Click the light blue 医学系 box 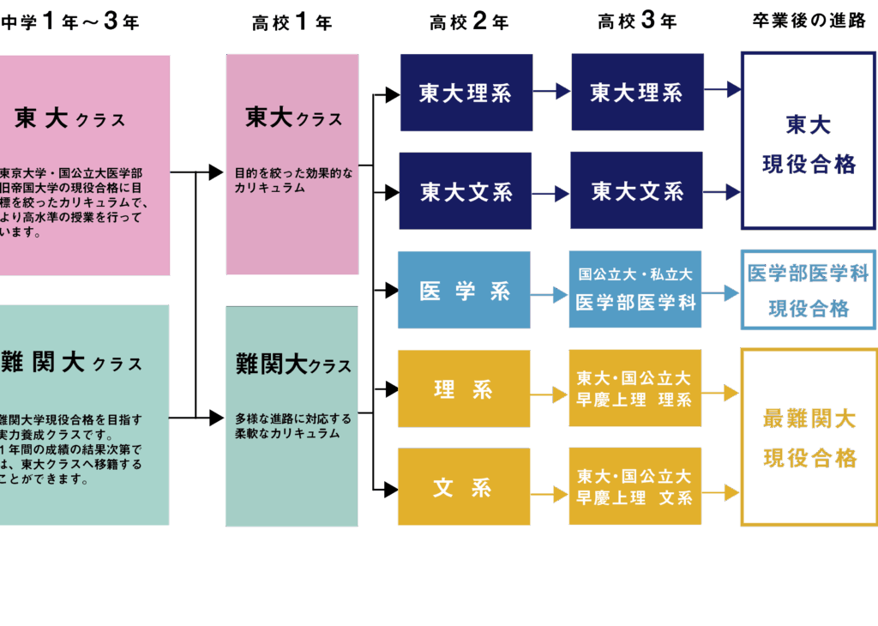(x=464, y=290)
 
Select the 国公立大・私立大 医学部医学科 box (x=634, y=289)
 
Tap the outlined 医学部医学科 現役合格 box (x=809, y=290)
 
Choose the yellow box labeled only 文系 (x=464, y=487)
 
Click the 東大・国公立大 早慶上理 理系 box (x=634, y=388)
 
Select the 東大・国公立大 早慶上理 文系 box (x=634, y=486)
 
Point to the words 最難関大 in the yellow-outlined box (x=809, y=419)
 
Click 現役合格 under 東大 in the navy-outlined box (x=809, y=164)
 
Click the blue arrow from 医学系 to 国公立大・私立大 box (x=550, y=294)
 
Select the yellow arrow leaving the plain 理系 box (x=550, y=394)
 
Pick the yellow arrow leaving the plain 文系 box (x=550, y=494)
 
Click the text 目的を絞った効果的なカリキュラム (x=292, y=180)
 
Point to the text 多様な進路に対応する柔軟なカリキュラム (x=293, y=426)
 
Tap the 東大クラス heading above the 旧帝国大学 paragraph (x=69, y=119)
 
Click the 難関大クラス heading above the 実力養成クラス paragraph (x=72, y=363)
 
